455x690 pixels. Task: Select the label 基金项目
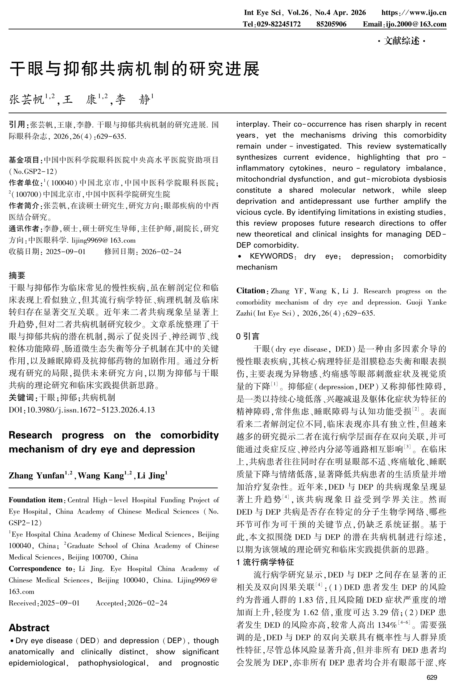pos(26,160)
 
